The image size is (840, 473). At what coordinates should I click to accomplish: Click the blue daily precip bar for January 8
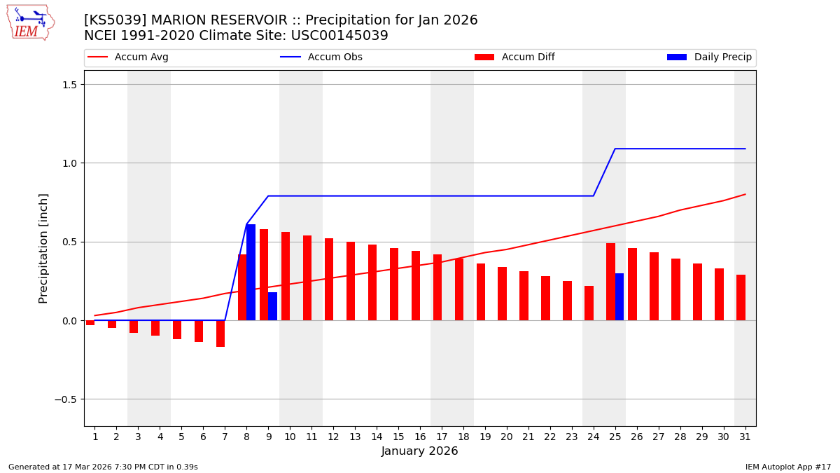[251, 273]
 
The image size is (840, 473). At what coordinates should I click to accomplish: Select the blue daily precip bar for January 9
[272, 306]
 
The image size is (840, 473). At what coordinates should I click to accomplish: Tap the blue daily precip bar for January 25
[619, 297]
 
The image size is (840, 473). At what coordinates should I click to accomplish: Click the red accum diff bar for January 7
[220, 334]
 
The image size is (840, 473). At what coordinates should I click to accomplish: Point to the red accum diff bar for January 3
[134, 327]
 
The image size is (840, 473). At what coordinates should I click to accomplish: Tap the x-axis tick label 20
[507, 437]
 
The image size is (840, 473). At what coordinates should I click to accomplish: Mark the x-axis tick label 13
[355, 437]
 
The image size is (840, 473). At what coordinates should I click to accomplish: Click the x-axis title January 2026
[419, 451]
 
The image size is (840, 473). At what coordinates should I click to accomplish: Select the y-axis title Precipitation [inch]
[43, 248]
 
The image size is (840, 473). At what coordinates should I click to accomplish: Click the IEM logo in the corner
[30, 22]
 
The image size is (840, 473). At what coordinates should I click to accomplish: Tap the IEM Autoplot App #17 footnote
[787, 467]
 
